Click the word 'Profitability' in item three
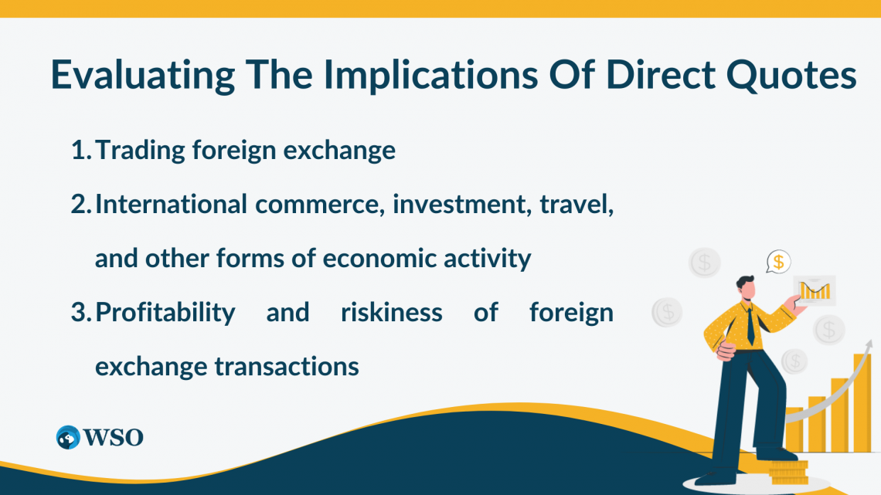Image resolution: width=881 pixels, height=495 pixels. (165, 312)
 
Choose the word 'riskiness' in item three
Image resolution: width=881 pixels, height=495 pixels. (392, 312)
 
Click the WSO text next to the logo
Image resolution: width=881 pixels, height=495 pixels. (114, 437)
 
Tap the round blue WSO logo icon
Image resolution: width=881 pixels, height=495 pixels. (69, 437)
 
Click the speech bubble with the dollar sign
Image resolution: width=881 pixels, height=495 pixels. (778, 262)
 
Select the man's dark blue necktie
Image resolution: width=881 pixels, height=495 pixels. (750, 324)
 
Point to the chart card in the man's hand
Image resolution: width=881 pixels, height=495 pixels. (814, 290)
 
